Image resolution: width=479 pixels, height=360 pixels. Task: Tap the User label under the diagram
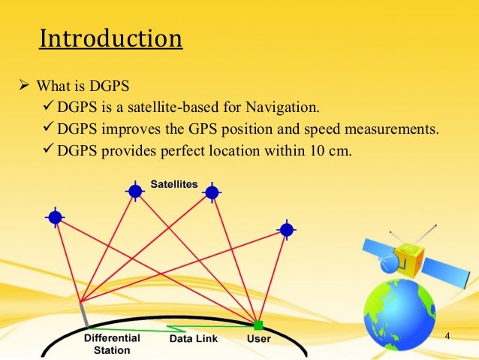(x=259, y=339)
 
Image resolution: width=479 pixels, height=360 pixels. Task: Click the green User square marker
(x=258, y=325)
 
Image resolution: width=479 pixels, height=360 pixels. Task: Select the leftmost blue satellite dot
(x=55, y=217)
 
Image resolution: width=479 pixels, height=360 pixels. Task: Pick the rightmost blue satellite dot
(x=286, y=229)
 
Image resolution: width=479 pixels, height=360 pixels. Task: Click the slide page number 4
(x=447, y=335)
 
